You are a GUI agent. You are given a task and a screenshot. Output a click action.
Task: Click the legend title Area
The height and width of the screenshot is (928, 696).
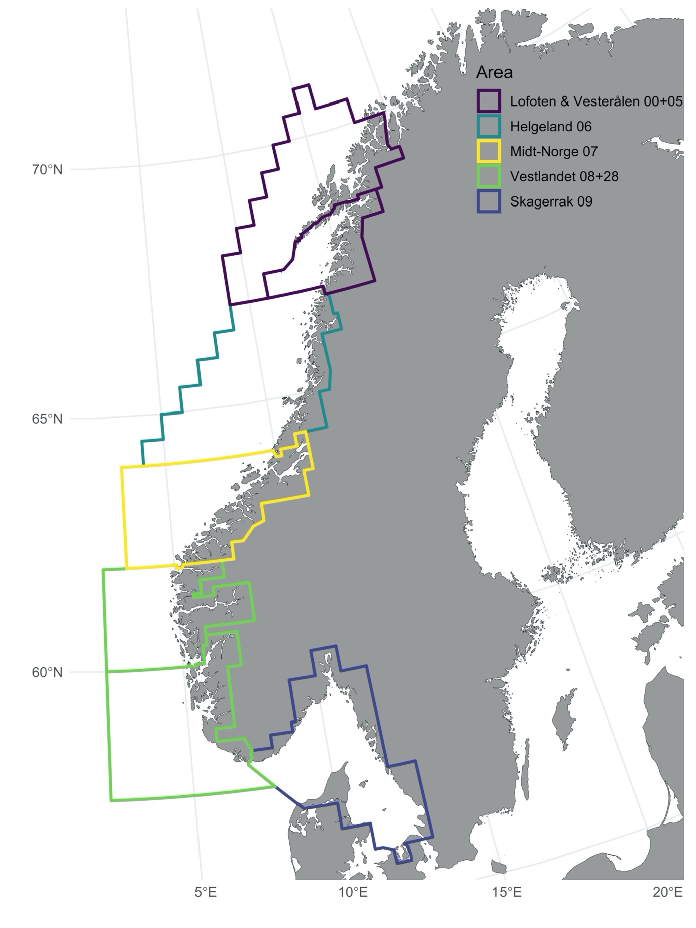coord(494,73)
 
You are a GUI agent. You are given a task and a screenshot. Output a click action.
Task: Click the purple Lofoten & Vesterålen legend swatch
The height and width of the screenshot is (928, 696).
coord(488,101)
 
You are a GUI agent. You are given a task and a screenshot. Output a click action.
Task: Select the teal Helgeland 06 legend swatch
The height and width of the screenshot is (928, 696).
coord(488,126)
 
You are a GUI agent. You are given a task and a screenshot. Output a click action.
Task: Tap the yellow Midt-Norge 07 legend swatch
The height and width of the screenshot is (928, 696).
coord(488,151)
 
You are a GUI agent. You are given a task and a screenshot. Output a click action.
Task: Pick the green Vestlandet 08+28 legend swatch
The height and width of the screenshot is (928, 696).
coord(488,176)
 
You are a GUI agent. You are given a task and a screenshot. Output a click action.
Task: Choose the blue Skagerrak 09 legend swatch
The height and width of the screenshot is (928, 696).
coord(488,201)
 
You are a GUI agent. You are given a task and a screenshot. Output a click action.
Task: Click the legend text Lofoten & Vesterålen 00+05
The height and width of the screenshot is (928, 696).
coord(596,101)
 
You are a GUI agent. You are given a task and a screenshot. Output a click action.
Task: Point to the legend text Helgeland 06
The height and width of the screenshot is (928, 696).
coord(551,126)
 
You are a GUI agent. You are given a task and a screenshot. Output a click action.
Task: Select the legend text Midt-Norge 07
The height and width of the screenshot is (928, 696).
coord(554,151)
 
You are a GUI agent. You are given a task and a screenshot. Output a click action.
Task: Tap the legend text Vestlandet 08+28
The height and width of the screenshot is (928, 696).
coord(564,176)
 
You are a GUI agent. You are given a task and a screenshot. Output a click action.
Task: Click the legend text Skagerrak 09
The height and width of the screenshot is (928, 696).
coord(551,201)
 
